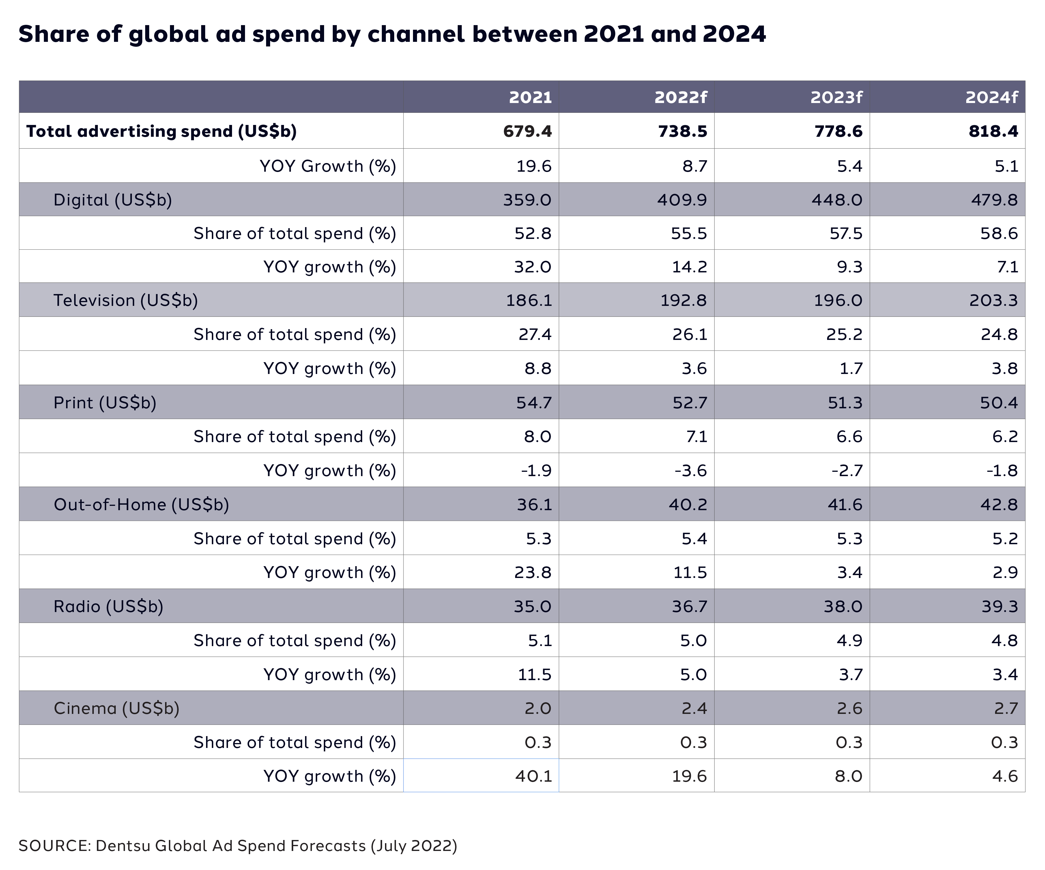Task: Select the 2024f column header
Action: pyautogui.click(x=991, y=97)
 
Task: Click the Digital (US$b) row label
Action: pyautogui.click(x=113, y=200)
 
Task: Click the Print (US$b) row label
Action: pyautogui.click(x=104, y=403)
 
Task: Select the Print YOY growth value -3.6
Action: pyautogui.click(x=690, y=471)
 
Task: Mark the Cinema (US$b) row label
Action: pyautogui.click(x=116, y=708)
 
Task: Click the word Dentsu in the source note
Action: pyautogui.click(x=122, y=846)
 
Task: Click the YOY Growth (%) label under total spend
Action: pyautogui.click(x=328, y=166)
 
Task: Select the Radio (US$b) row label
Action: pyautogui.click(x=108, y=606)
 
